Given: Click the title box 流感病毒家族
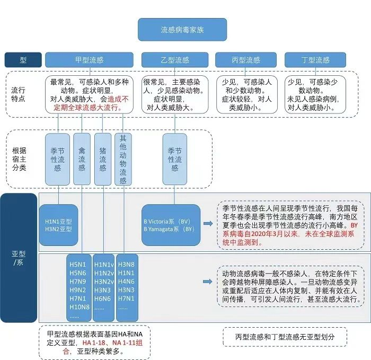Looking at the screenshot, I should pyautogui.click(x=182, y=30).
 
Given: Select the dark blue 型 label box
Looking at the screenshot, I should pyautogui.click(x=23, y=60).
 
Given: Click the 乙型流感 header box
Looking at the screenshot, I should pyautogui.click(x=174, y=60).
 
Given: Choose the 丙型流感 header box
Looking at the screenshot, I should pyautogui.click(x=245, y=60).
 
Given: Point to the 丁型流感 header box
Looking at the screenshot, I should pyautogui.click(x=315, y=60).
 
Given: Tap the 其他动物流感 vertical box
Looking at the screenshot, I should pyautogui.click(x=123, y=158).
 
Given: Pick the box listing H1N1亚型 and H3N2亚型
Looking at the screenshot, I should pyautogui.click(x=58, y=225).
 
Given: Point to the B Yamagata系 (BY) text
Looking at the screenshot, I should pyautogui.click(x=169, y=229).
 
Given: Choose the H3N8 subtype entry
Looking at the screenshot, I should pyautogui.click(x=126, y=264).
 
